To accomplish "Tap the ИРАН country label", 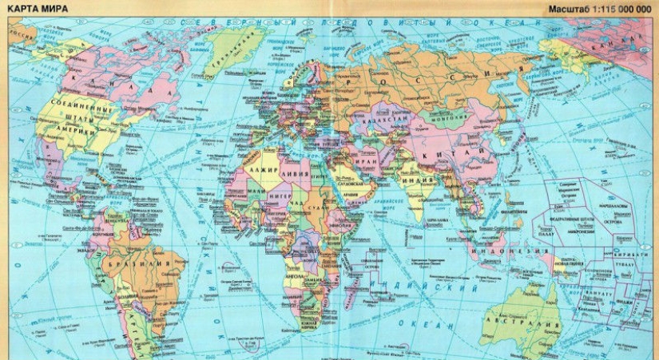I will point(369,160).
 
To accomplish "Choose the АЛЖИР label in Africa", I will point(263,172).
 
